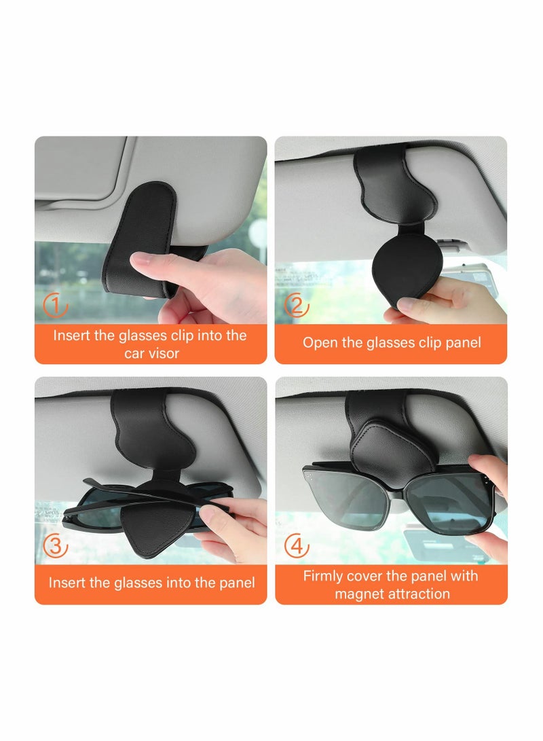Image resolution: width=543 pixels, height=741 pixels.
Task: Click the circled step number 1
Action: click(x=56, y=306)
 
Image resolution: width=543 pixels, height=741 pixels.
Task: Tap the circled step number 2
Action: click(x=297, y=306)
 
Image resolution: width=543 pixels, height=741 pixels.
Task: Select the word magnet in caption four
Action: click(x=357, y=594)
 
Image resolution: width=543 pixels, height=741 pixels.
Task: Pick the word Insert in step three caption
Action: click(x=68, y=583)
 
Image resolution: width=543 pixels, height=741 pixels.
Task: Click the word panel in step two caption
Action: click(x=461, y=343)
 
